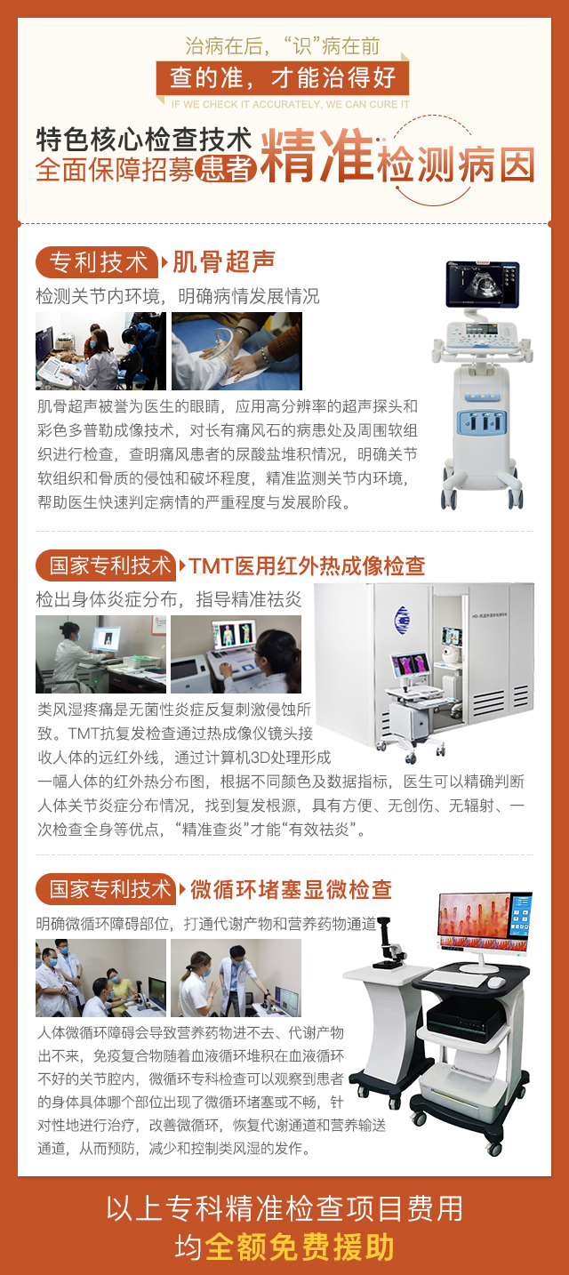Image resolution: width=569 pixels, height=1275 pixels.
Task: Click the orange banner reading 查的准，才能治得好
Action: tap(282, 77)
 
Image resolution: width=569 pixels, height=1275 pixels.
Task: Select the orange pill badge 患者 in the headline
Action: tap(225, 168)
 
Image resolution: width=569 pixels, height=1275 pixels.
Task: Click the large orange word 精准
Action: tap(317, 155)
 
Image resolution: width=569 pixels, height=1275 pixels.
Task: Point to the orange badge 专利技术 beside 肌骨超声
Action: tap(97, 261)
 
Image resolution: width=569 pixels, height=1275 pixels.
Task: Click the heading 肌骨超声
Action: tap(224, 261)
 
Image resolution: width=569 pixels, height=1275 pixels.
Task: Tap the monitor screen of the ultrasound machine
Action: tap(483, 283)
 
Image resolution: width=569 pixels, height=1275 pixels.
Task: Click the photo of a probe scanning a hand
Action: tap(236, 350)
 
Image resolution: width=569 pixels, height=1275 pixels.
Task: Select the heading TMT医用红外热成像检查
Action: tap(308, 565)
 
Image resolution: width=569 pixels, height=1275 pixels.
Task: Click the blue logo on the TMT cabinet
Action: tap(402, 620)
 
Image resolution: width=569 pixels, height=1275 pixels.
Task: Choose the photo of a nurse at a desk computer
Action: tap(100, 654)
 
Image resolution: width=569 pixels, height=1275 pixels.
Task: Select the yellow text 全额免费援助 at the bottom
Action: tap(300, 1247)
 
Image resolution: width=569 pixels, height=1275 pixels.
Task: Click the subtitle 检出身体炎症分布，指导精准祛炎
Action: tap(168, 599)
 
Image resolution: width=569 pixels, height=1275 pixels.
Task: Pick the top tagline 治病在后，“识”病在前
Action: tap(282, 46)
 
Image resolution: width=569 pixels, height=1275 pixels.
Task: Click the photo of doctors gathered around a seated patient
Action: tap(100, 978)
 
